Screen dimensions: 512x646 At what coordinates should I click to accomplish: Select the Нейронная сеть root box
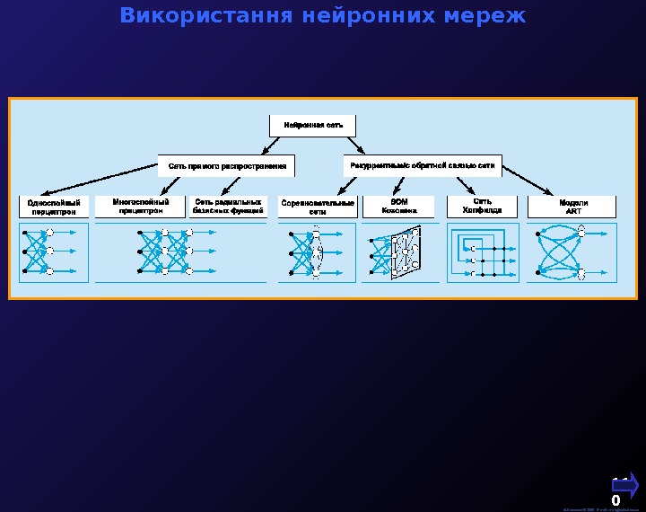click(x=312, y=125)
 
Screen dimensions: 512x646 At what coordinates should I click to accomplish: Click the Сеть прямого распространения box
click(x=227, y=166)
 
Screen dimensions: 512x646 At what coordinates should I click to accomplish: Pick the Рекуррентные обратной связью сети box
click(x=423, y=166)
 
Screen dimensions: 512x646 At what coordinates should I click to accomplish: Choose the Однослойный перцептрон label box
click(x=54, y=207)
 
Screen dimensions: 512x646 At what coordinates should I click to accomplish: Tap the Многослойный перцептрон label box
click(x=141, y=207)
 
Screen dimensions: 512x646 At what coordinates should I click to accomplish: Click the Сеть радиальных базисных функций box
click(x=228, y=207)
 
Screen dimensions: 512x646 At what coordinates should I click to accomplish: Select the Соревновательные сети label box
click(x=318, y=207)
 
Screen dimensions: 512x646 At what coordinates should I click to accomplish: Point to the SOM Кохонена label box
click(x=399, y=207)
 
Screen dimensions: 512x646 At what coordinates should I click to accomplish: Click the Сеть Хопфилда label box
click(x=482, y=207)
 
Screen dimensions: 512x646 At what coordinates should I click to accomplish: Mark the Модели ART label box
click(x=573, y=207)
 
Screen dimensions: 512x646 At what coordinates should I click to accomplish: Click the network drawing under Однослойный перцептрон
click(x=54, y=252)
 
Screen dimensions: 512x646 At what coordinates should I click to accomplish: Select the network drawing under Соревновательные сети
click(x=318, y=252)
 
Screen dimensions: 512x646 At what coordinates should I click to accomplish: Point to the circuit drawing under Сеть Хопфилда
click(x=482, y=252)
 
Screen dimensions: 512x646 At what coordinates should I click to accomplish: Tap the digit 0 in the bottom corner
click(x=615, y=500)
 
